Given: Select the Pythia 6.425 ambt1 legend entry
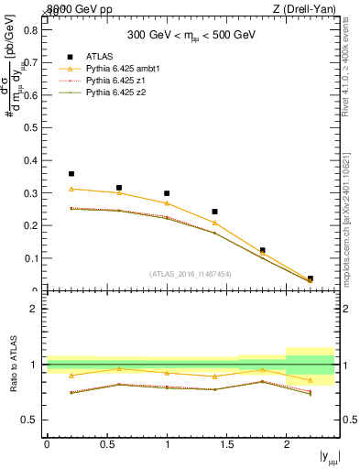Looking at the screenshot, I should [x=120, y=69].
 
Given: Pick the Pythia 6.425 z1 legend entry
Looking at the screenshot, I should [x=115, y=81].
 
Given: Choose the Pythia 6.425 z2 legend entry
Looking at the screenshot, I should [x=115, y=93].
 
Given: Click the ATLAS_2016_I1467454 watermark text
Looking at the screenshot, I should [x=191, y=273].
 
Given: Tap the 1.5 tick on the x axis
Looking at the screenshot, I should [x=226, y=444].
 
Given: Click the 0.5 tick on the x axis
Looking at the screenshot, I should [x=106, y=444].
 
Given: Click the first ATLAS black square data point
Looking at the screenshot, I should [x=71, y=173].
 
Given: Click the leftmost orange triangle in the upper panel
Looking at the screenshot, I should [x=71, y=189].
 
